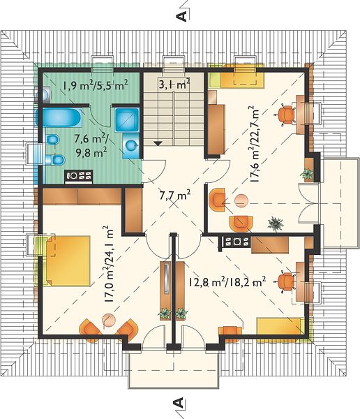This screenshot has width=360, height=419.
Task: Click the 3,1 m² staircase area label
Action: (174, 84)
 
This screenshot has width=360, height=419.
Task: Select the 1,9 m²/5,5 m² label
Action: (95, 85)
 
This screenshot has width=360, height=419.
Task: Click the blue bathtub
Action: (59, 117)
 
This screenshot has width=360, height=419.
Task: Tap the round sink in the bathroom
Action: (131, 145)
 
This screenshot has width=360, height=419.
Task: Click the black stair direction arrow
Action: (158, 143)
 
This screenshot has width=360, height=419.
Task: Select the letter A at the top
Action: (182, 15)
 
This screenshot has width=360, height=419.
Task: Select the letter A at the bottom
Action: (178, 403)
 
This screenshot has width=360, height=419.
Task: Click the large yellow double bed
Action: (68, 260)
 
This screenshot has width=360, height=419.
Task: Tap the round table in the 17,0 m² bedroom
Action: (109, 320)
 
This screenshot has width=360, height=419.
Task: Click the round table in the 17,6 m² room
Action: (241, 200)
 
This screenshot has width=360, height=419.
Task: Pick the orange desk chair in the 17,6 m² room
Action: (286, 115)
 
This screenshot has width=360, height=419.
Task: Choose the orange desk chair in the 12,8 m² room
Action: (286, 281)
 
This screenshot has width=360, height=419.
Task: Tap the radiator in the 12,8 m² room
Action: (236, 242)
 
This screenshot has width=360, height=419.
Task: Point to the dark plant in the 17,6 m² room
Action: (276, 223)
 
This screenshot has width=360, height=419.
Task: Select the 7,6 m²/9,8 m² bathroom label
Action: (91, 146)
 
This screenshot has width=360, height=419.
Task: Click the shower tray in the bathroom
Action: (127, 119)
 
